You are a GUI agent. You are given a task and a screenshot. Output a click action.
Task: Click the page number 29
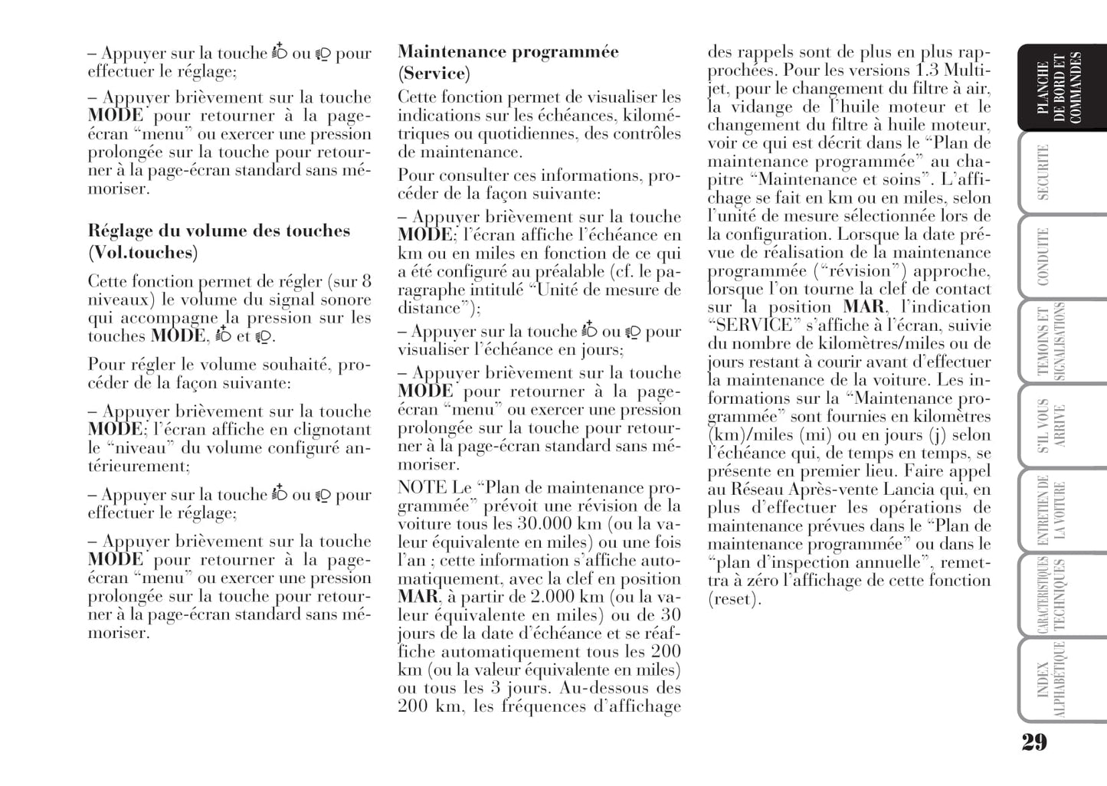(1033, 742)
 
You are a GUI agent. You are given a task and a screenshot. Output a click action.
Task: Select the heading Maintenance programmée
(508, 52)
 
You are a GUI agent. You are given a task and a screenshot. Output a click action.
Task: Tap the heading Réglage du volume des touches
(219, 231)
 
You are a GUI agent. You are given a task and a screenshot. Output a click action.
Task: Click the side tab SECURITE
(1043, 172)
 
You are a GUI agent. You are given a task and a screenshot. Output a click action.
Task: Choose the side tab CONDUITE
(1043, 257)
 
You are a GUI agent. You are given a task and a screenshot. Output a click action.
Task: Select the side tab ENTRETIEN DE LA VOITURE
(1051, 509)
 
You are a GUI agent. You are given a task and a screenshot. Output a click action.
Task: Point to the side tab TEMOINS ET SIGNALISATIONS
(1051, 341)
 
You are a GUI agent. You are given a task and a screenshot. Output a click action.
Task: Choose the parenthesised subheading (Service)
(434, 74)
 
